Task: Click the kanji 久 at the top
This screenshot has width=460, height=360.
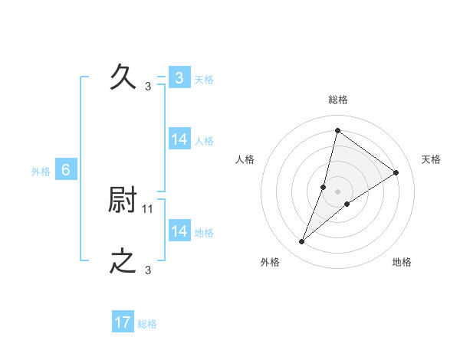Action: coord(123,77)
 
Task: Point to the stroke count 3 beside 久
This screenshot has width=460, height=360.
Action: coord(148,86)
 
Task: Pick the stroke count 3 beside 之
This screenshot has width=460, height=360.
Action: coord(148,270)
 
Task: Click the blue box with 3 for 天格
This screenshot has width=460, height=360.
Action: coord(179,78)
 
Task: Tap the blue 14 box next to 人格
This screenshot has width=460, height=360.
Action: coord(179,139)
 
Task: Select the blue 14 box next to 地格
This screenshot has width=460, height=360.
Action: coord(179,231)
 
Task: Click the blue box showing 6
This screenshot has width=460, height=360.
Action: coord(66,170)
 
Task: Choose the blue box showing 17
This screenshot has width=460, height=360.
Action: coord(123,322)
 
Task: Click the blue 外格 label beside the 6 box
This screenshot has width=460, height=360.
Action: coord(41,172)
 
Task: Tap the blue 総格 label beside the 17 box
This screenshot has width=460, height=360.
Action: coord(147,324)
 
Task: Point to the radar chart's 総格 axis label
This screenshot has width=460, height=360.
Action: coord(338,100)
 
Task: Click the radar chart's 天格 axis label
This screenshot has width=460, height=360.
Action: coord(432,159)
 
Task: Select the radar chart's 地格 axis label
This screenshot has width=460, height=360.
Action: coord(402,262)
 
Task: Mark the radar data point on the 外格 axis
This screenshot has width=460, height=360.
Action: coord(302,242)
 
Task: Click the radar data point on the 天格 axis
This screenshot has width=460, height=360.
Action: coord(396,172)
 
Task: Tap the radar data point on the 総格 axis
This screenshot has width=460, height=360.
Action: coord(337,130)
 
